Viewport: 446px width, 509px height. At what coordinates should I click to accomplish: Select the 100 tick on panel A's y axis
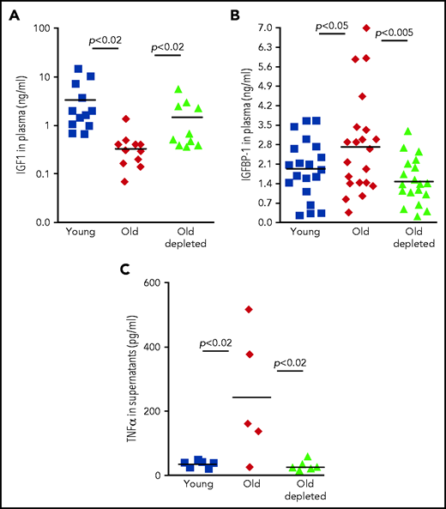click(39, 28)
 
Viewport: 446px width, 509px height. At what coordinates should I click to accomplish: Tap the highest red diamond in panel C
click(250, 309)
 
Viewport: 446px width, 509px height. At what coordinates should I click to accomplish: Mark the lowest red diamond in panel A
click(126, 181)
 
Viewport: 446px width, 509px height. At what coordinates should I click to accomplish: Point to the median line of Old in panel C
click(251, 397)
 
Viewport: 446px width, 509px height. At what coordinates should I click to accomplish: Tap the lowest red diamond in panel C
click(250, 467)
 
